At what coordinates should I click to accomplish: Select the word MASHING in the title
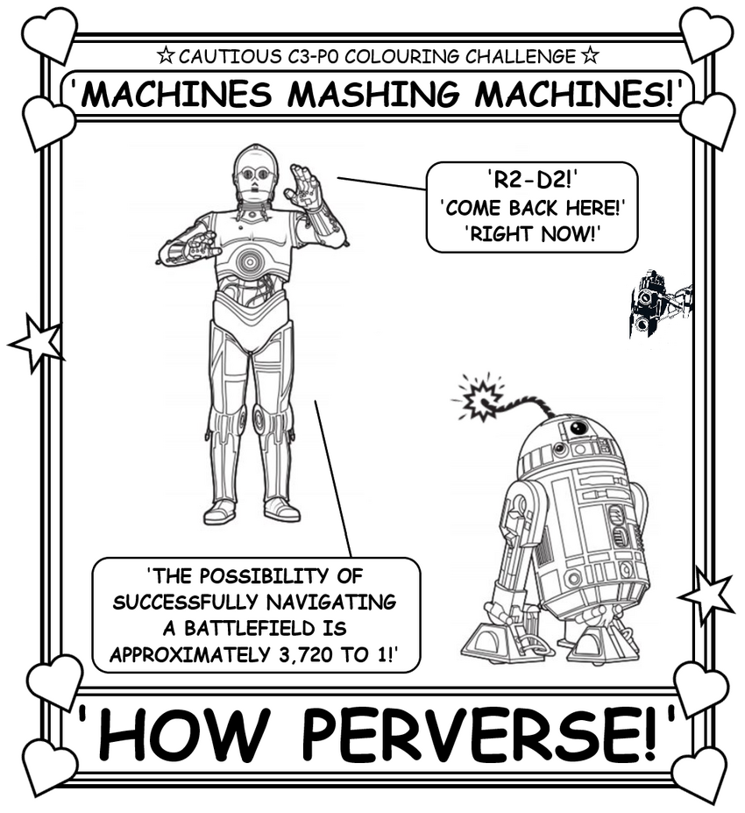(x=373, y=95)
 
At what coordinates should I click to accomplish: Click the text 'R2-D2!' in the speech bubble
(x=531, y=181)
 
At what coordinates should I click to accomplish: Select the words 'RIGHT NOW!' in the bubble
(x=531, y=234)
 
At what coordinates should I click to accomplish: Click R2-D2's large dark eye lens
(x=578, y=428)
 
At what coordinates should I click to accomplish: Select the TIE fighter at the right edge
(x=661, y=303)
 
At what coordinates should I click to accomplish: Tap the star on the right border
(x=706, y=595)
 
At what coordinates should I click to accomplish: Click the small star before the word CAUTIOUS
(x=166, y=55)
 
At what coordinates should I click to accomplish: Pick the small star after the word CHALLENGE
(x=590, y=55)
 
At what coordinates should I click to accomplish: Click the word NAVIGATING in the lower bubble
(x=331, y=603)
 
